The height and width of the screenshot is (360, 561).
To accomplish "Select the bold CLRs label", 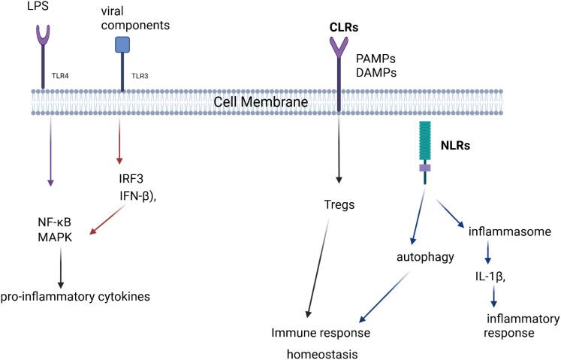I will [x=344, y=27].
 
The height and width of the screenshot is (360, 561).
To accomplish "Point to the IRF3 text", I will [x=122, y=178].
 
